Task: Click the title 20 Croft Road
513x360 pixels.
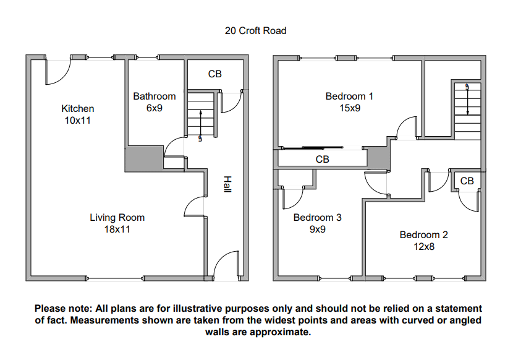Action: coord(255,30)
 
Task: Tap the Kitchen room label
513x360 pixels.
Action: coord(77,114)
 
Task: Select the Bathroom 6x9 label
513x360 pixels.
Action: coord(155,102)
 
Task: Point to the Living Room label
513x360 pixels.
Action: coord(117,223)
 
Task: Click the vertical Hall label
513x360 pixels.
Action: coord(227,184)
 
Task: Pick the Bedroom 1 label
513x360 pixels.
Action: coord(349,102)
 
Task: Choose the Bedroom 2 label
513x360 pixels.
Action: coord(423,241)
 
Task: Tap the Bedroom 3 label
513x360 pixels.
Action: coord(317,223)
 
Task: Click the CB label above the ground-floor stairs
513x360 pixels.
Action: coord(215,74)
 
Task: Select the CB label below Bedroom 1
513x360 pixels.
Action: coord(322,159)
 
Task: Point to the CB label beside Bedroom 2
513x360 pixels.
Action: coord(467,181)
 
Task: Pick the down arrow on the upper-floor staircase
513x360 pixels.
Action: coord(467,100)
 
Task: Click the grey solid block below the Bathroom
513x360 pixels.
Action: coord(144,158)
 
